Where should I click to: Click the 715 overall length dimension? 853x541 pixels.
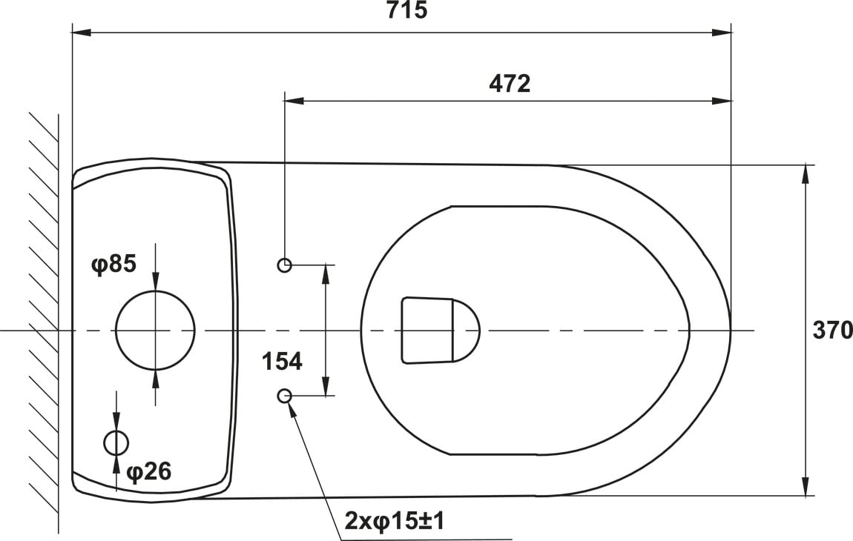(x=407, y=10)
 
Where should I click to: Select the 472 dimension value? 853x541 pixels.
(x=509, y=84)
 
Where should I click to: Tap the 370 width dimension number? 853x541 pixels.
(x=832, y=330)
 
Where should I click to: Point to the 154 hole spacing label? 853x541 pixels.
(x=282, y=362)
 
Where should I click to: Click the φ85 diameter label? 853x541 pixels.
(x=113, y=265)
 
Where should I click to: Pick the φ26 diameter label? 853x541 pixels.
(x=148, y=471)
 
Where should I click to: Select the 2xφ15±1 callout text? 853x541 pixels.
(x=395, y=522)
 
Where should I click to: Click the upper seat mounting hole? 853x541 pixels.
(x=285, y=265)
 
